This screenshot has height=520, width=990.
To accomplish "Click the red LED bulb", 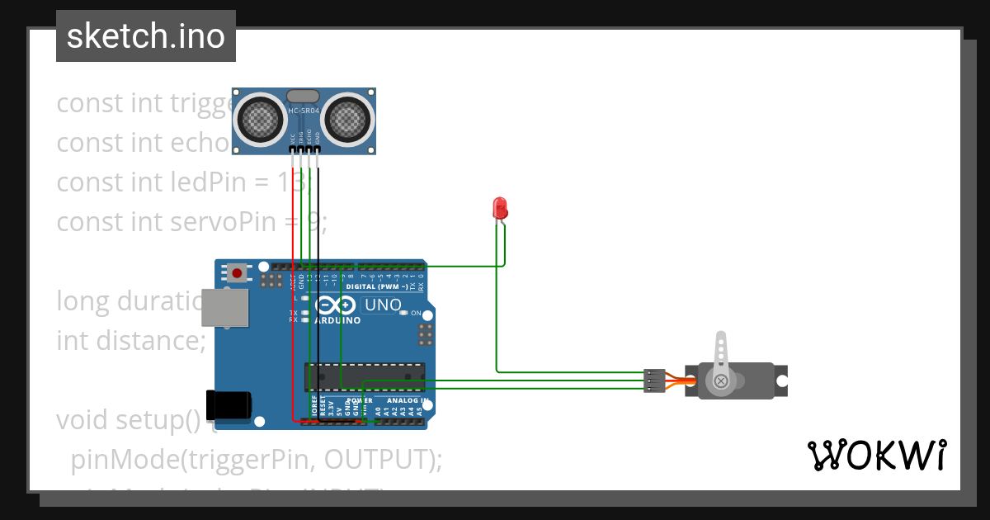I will pos(499,207).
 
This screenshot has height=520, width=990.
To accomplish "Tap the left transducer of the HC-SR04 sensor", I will pos(262,119).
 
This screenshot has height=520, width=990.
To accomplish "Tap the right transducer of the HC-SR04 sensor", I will pos(346,119).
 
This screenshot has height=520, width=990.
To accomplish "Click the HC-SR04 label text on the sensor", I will pos(303,110).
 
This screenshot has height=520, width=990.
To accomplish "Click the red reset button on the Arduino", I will pos(238,272).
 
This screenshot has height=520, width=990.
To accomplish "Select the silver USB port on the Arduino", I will pos(224,308).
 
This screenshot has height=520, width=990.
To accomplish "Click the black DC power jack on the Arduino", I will pos(229,404).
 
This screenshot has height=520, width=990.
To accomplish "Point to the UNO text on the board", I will pos(382,305).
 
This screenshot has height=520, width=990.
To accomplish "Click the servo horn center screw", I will pos(722,381).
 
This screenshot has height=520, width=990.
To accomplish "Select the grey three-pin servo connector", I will pos(653,381).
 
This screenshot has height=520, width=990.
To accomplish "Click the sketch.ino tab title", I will pos(146,36).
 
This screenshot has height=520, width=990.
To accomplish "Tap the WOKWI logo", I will pos(876,455).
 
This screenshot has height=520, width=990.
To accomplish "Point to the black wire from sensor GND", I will pos(318,248).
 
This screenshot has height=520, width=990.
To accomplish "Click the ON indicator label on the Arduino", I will pos(416,314).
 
